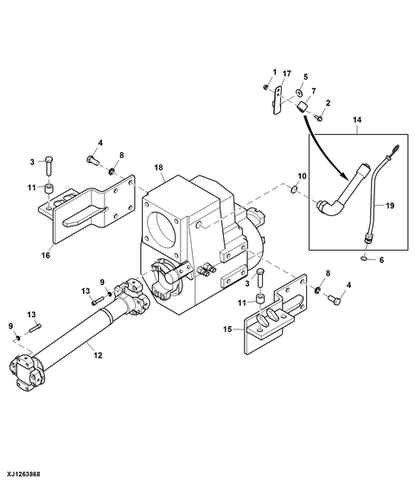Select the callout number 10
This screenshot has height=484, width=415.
303,175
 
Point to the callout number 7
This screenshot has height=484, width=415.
313,91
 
